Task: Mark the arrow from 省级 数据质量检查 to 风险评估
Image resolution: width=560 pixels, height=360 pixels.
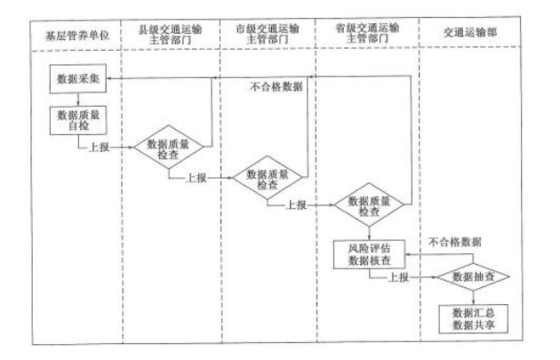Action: pyautogui.click(x=368, y=233)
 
